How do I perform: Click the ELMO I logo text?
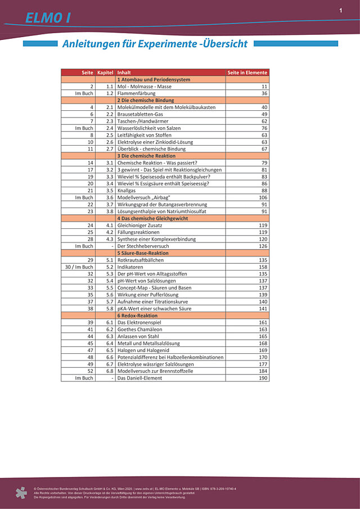[48, 18]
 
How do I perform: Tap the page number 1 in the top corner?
[341, 10]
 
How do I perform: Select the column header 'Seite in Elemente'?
[247, 73]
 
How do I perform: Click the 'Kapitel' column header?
[105, 73]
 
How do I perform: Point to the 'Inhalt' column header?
[124, 73]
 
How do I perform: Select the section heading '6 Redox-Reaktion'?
[137, 316]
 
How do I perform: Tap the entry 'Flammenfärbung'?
[138, 93]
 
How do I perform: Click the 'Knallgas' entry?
[128, 191]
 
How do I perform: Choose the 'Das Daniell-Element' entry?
[141, 378]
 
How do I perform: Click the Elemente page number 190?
[263, 378]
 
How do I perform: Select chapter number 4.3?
[109, 239]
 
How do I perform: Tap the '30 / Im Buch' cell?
[79, 267]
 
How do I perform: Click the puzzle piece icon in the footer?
[21, 493]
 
